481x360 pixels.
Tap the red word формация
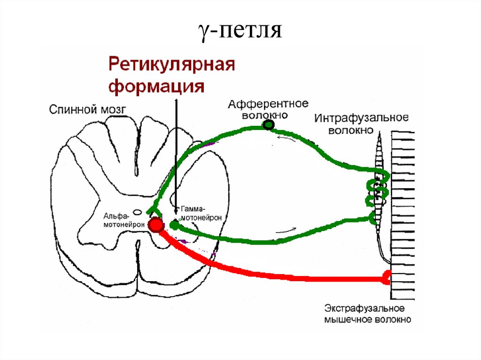point(156,87)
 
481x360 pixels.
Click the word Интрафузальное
point(361,117)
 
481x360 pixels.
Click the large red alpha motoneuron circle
point(155,226)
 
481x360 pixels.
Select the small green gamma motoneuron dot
point(174,226)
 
